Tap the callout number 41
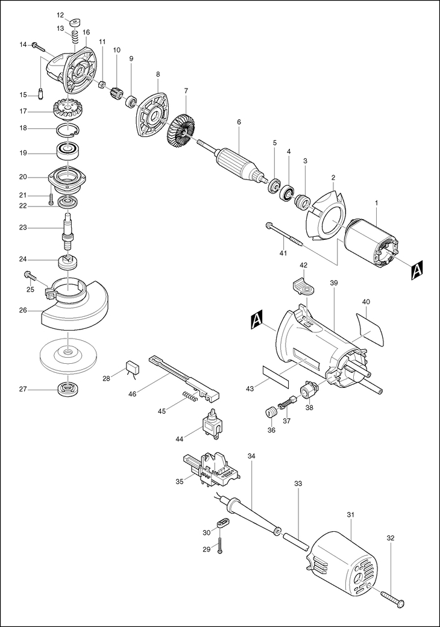[x=284, y=253]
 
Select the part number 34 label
[x=251, y=456]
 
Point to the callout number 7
[x=186, y=91]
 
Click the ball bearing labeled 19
[x=68, y=152]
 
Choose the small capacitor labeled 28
[x=132, y=367]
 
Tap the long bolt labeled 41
[x=284, y=235]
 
